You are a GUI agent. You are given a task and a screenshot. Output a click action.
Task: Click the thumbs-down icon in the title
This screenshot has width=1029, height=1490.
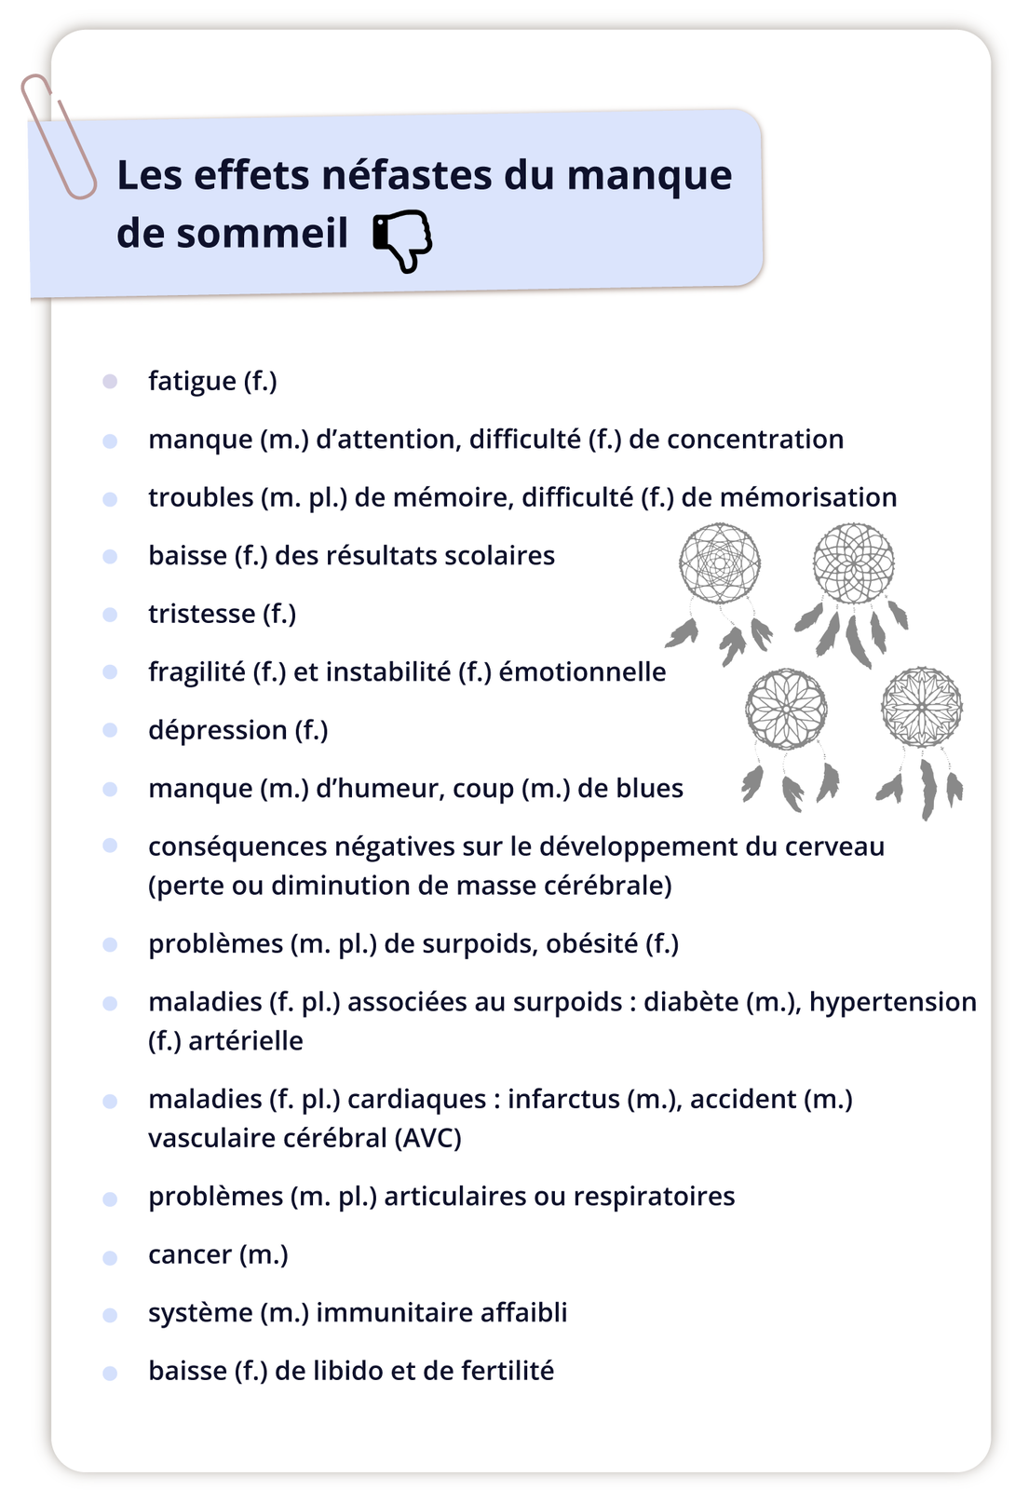(x=403, y=239)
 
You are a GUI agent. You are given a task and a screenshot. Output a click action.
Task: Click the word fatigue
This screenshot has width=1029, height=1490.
(x=192, y=381)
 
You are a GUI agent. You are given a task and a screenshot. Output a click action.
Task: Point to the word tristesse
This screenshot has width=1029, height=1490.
(x=201, y=614)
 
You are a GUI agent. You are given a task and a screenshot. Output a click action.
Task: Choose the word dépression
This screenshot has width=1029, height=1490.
(x=217, y=730)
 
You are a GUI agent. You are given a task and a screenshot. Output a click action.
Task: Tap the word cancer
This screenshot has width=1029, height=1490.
(x=190, y=1254)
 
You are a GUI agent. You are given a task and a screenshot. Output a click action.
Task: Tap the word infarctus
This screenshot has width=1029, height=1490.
(x=562, y=1099)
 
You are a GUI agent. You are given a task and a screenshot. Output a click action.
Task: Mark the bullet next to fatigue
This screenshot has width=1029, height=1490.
(x=110, y=382)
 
